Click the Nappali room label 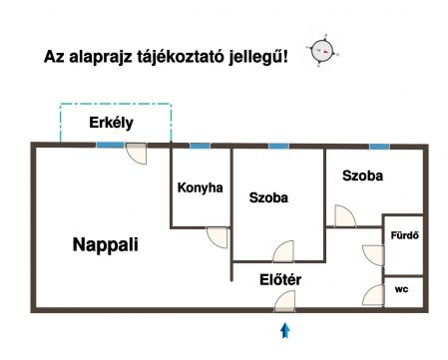click(x=105, y=245)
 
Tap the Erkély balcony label click(x=111, y=123)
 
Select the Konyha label click(x=201, y=187)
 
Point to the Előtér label click(x=280, y=279)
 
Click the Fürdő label click(x=404, y=235)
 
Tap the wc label click(x=401, y=289)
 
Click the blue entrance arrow click(x=285, y=330)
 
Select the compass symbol click(x=322, y=51)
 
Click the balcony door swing click(x=137, y=154)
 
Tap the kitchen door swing click(x=218, y=237)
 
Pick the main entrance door click(x=284, y=301)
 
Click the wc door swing click(x=373, y=295)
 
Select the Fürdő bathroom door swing click(x=373, y=255)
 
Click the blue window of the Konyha click(x=200, y=146)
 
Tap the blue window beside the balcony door click(x=110, y=146)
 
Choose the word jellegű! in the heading click(x=258, y=57)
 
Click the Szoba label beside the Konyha click(x=268, y=197)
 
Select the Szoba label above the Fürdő click(x=362, y=176)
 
